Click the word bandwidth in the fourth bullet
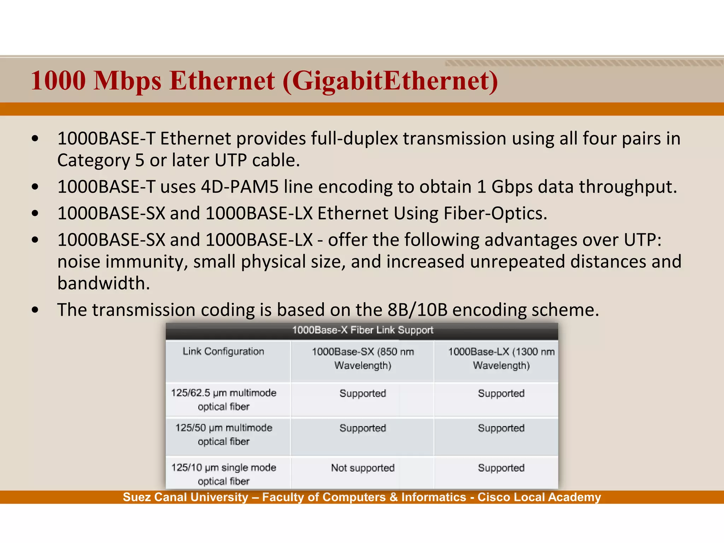(x=104, y=283)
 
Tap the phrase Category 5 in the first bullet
(x=101, y=160)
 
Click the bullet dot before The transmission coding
(x=35, y=310)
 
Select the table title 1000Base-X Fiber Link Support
(x=362, y=330)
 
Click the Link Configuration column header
(x=223, y=351)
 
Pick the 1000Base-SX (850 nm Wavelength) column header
(x=362, y=358)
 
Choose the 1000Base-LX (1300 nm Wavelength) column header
(x=501, y=358)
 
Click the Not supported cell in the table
(x=362, y=468)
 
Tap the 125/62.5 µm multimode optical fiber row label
(x=223, y=399)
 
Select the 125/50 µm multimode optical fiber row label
(x=223, y=434)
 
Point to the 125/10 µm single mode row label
(x=223, y=474)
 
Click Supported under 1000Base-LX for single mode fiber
(x=501, y=468)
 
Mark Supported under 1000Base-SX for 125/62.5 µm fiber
(x=362, y=393)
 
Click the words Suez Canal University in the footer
(x=185, y=497)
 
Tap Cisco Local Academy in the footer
(x=539, y=497)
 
